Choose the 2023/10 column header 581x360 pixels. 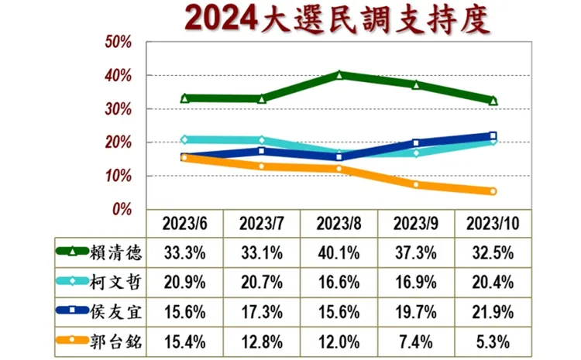(x=493, y=224)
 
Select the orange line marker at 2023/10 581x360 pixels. (x=493, y=191)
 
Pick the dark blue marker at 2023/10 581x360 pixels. (x=493, y=136)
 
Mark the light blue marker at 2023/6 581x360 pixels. (x=184, y=140)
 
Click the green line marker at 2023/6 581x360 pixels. (x=184, y=98)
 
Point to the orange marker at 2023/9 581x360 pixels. (x=416, y=184)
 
